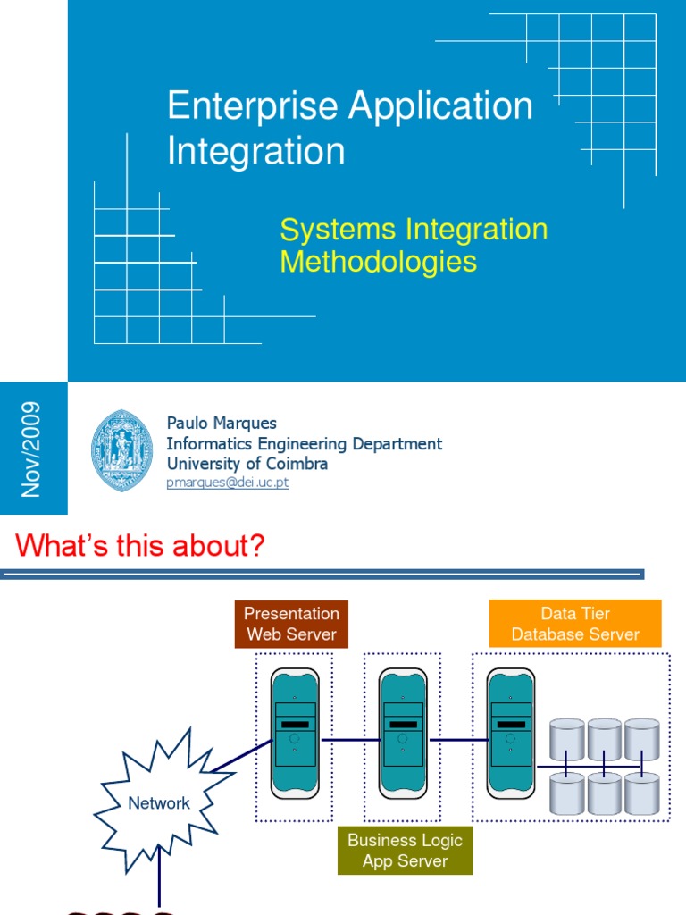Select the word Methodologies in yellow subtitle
tap(378, 262)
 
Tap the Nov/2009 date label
tap(32, 449)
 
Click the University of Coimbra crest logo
tap(121, 450)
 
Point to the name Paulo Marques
tap(222, 423)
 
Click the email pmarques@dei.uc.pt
tap(228, 483)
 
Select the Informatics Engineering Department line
tap(304, 443)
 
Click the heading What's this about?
tap(140, 546)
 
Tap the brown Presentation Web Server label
tap(291, 624)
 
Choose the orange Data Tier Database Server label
tap(575, 624)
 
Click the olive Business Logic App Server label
tap(405, 851)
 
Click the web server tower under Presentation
tap(295, 733)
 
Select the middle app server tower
tap(403, 733)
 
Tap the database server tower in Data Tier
tap(511, 733)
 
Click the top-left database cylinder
tap(566, 738)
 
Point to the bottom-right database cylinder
tap(641, 793)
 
